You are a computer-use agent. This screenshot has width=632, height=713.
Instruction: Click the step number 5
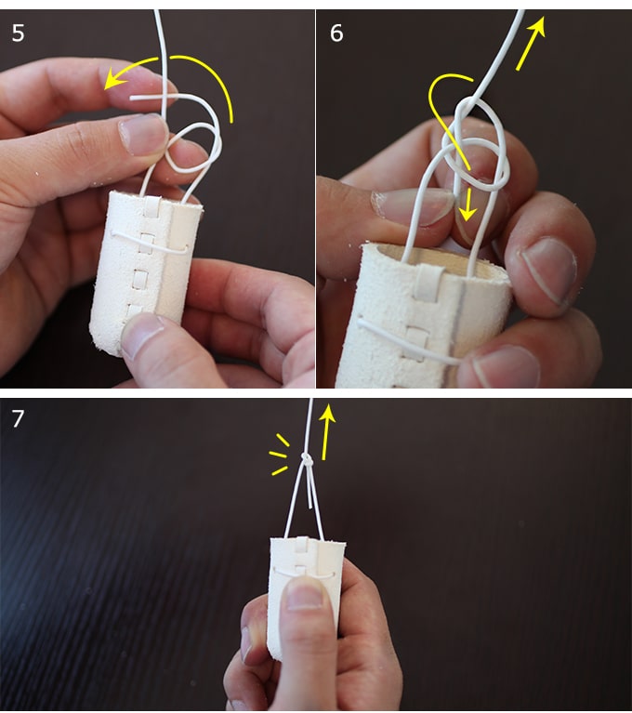click(19, 33)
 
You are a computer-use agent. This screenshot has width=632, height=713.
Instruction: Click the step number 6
click(336, 33)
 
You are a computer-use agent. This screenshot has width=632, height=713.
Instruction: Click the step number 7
click(18, 419)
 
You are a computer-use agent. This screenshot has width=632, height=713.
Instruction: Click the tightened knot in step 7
click(308, 461)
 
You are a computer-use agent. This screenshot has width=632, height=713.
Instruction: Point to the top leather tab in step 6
click(429, 281)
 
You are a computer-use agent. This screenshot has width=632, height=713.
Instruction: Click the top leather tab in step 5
click(151, 205)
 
